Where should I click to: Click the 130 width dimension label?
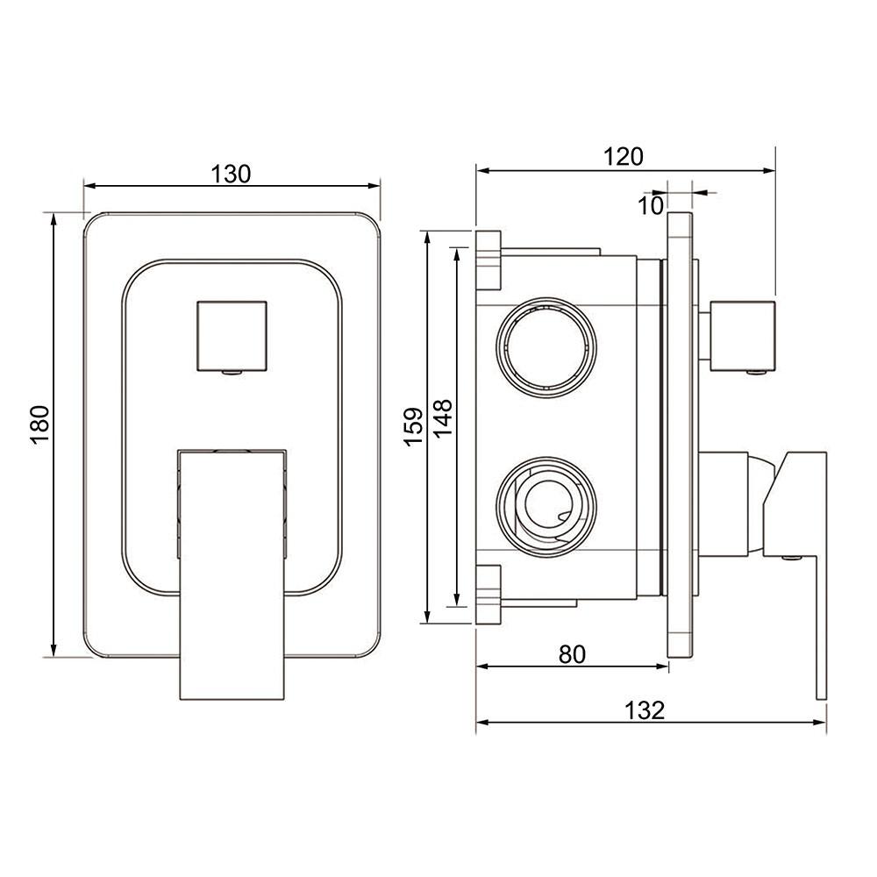[231, 174]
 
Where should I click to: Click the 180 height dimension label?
[40, 424]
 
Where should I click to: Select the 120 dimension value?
[623, 157]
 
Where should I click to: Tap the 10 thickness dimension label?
[650, 206]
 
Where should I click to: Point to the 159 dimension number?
[413, 427]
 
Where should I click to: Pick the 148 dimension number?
[442, 418]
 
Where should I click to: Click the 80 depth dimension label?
[572, 654]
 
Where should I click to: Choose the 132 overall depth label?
[645, 710]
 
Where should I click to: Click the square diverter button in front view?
[232, 336]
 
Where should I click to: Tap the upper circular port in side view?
[546, 348]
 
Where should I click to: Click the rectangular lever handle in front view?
[232, 574]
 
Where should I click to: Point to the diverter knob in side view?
[742, 336]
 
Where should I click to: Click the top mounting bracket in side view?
[488, 260]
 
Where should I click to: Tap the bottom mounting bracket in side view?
[488, 595]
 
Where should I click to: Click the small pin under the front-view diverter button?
[232, 372]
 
